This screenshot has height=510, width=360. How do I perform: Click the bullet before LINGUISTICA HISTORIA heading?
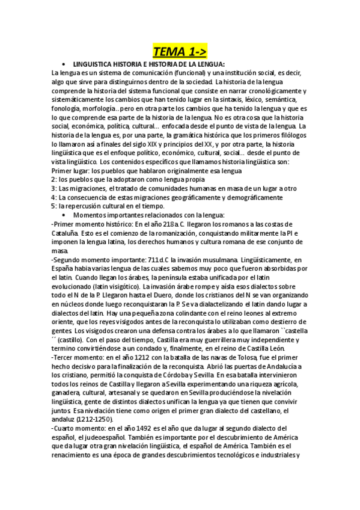click(x=64, y=64)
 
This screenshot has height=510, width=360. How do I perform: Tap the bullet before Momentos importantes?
click(x=64, y=215)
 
